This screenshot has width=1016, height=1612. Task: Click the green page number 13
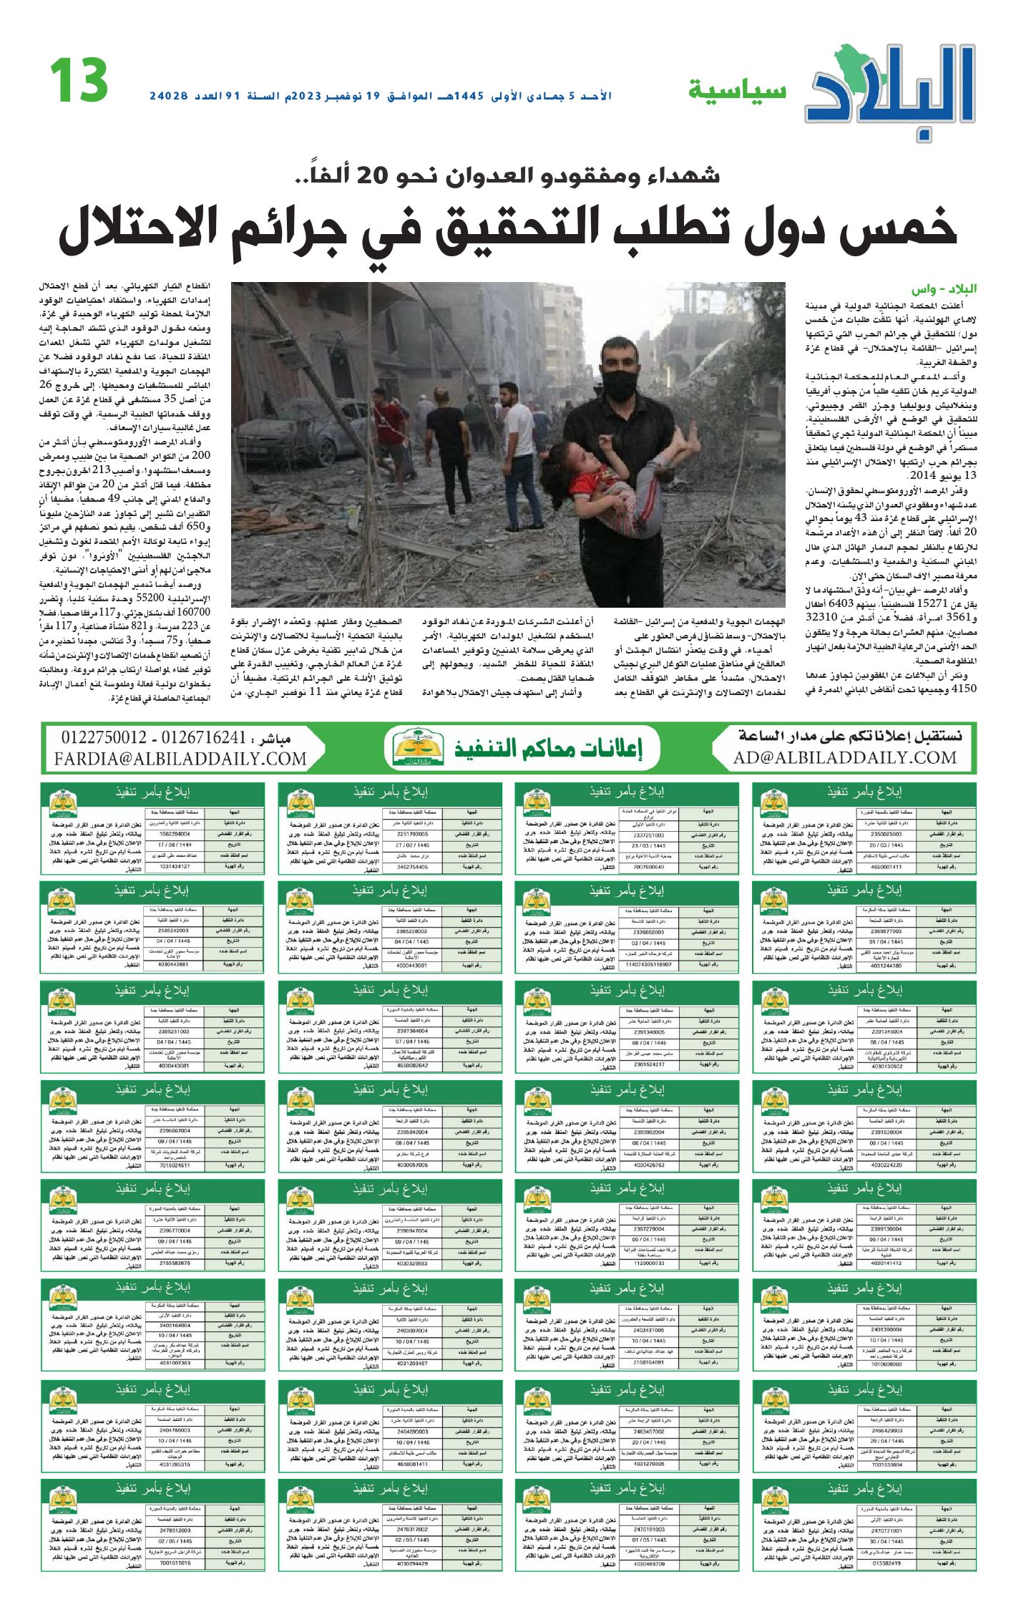79,80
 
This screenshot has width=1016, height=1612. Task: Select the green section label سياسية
737,91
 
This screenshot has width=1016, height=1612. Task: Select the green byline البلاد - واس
944,289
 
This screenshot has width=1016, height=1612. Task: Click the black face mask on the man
619,385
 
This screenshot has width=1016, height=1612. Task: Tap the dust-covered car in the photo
286,442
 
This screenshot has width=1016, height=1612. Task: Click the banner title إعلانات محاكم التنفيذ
548,749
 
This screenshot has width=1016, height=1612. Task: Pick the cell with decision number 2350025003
886,834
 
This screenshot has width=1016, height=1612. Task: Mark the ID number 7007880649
649,867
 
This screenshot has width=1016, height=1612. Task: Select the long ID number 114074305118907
648,964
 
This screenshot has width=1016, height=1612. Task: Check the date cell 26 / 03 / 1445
886,845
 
